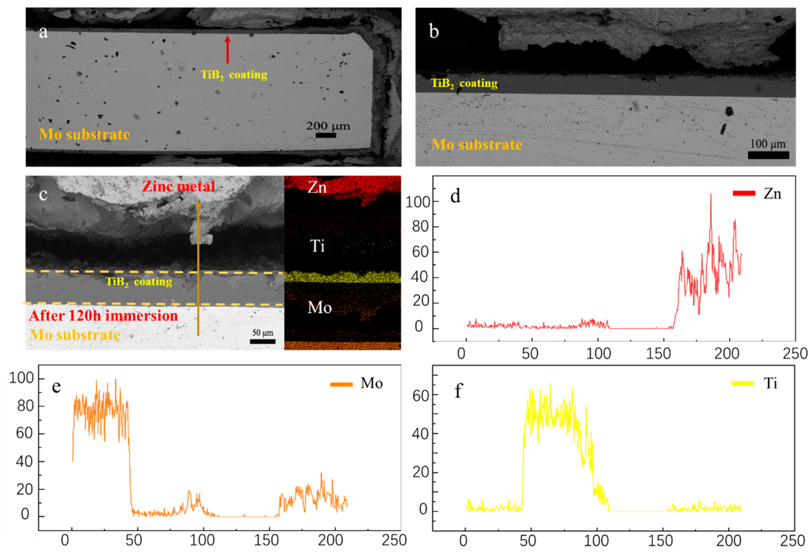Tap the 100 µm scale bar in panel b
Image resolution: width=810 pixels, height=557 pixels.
(x=768, y=155)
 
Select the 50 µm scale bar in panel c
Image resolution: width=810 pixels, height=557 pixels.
(x=262, y=341)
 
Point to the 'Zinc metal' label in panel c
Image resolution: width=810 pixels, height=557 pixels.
(x=178, y=186)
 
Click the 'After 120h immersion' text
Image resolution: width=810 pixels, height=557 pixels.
(x=104, y=316)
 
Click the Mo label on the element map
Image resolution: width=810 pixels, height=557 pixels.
(x=319, y=307)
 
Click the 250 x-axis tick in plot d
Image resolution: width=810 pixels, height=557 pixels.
(x=795, y=354)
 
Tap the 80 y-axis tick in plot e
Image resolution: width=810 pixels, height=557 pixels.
(x=25, y=406)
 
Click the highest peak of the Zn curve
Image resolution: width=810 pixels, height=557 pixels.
(x=711, y=195)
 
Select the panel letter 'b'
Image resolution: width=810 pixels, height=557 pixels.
(x=434, y=32)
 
